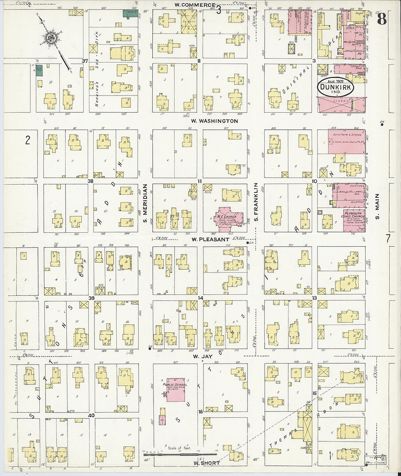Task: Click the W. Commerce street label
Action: [194, 5]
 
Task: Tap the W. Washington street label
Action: [214, 121]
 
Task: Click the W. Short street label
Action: [207, 463]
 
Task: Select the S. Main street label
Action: [377, 206]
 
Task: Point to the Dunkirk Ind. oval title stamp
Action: [335, 88]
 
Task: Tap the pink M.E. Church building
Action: [228, 217]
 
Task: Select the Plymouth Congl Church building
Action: [354, 220]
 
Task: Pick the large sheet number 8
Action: [381, 18]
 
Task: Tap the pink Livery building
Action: [341, 104]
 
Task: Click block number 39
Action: [91, 298]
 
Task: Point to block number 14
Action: [200, 298]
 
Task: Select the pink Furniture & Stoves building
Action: [346, 141]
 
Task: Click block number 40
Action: [91, 415]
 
